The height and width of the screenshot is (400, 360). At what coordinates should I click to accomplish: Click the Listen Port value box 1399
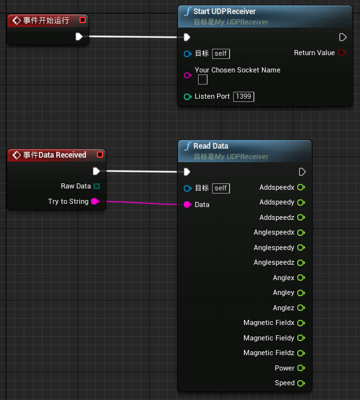click(x=243, y=96)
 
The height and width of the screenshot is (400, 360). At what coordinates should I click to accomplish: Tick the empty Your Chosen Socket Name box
click(x=202, y=79)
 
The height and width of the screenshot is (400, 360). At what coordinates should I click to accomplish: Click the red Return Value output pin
click(x=342, y=53)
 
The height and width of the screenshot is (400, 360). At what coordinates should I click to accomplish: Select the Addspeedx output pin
click(x=301, y=187)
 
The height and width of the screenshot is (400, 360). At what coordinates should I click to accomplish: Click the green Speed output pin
click(x=301, y=383)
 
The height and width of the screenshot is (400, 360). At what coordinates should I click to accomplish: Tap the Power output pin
click(x=301, y=368)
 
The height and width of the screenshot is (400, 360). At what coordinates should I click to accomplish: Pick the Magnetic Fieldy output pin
click(x=301, y=338)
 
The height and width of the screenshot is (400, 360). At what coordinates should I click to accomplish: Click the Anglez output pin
click(x=301, y=308)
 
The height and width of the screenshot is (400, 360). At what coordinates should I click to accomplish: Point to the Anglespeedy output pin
click(x=301, y=247)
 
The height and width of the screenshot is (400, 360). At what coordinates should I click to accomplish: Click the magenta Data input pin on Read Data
click(x=188, y=204)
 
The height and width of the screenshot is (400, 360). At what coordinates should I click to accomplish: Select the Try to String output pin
click(x=95, y=201)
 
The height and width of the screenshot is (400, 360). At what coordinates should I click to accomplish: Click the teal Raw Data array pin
click(x=97, y=187)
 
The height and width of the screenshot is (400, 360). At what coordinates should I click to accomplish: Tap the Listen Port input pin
click(x=188, y=97)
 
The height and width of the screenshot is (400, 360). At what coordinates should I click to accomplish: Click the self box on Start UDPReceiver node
click(x=221, y=54)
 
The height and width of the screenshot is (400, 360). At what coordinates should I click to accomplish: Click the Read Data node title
click(x=211, y=146)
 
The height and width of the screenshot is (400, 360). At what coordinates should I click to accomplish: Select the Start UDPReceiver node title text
click(x=224, y=12)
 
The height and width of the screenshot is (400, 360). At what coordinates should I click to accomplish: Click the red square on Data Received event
click(x=100, y=154)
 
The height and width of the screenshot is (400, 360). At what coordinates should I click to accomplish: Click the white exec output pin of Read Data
click(x=302, y=172)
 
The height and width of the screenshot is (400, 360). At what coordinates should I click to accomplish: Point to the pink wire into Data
click(x=142, y=203)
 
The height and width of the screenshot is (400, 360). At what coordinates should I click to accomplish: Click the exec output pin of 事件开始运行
click(x=79, y=37)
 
